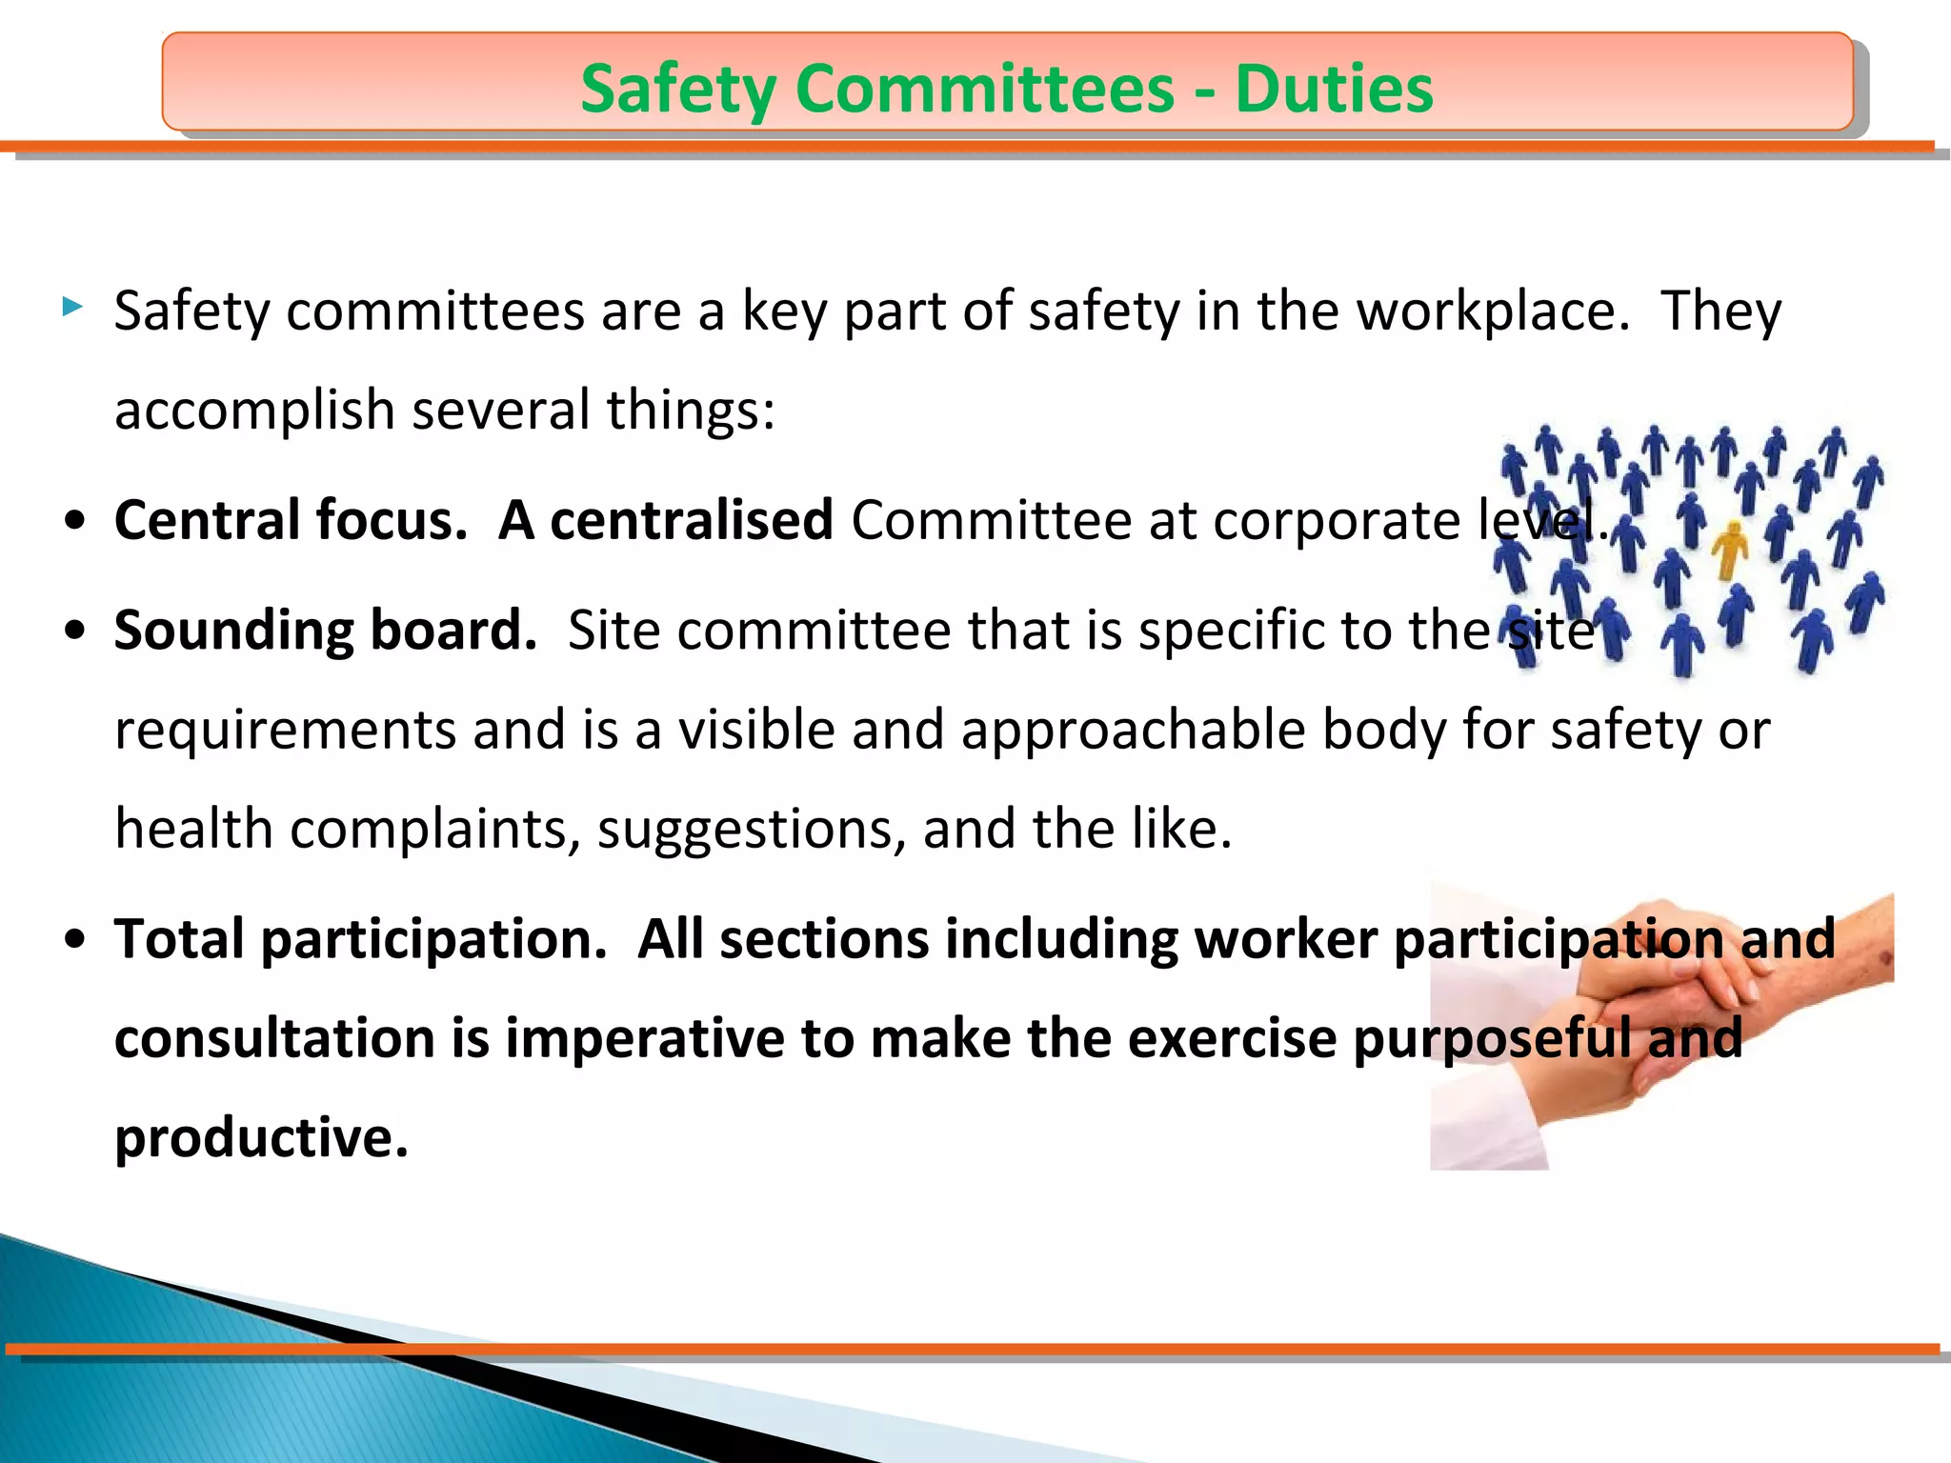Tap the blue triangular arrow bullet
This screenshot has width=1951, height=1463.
click(x=72, y=307)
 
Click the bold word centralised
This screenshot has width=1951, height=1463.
click(x=692, y=520)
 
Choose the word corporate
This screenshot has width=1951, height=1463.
click(x=1338, y=522)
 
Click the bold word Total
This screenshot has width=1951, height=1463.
click(x=180, y=939)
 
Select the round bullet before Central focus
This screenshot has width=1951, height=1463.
click(x=76, y=522)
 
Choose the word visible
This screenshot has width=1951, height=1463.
click(x=756, y=731)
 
